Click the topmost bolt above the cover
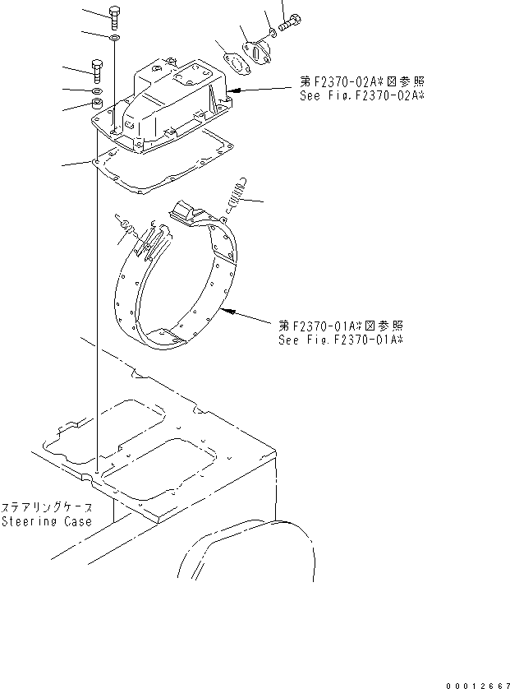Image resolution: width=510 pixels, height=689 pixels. coord(113,16)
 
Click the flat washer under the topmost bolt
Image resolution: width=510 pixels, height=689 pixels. coord(113,38)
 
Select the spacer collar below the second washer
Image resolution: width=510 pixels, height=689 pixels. coord(96,104)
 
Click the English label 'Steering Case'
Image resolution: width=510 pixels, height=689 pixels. coord(46,521)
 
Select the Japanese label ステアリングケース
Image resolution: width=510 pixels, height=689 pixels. coord(46,507)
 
